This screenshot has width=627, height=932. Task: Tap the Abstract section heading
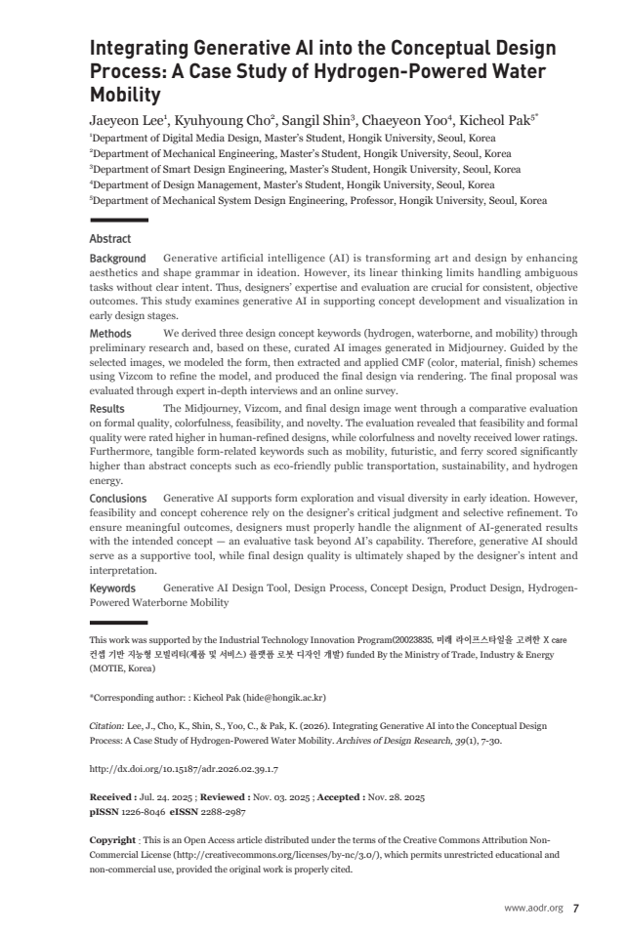109,238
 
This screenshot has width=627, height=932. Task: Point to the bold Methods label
110,334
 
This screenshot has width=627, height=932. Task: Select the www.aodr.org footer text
534,908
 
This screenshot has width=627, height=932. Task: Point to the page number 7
576,908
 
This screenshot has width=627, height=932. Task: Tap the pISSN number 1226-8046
143,811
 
